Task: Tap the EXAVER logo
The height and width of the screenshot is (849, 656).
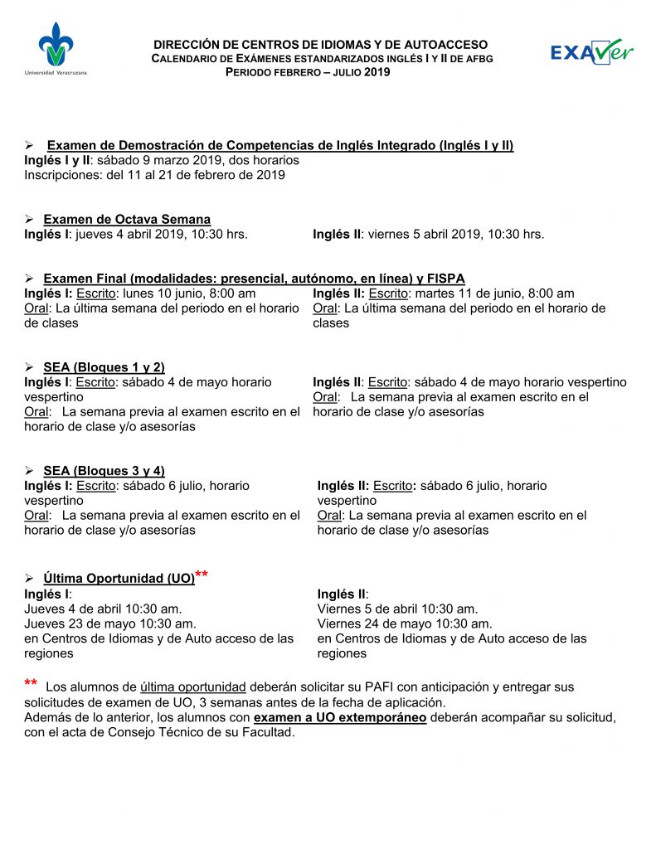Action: (592, 51)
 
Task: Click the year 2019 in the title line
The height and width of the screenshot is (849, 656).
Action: (376, 72)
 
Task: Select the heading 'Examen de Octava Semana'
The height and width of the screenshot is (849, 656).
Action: (126, 220)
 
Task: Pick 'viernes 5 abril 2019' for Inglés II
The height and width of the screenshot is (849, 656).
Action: (420, 235)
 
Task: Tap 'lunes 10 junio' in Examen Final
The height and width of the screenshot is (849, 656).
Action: (164, 294)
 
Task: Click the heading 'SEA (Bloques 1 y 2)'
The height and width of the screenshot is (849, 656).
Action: (104, 367)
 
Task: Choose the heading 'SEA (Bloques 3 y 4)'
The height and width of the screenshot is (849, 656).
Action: (104, 471)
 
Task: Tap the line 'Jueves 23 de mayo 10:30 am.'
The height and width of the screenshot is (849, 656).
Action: (110, 623)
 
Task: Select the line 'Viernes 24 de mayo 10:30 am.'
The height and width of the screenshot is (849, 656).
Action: (405, 623)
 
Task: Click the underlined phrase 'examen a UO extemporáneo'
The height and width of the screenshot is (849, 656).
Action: (340, 717)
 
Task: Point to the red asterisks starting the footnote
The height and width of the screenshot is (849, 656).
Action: (31, 684)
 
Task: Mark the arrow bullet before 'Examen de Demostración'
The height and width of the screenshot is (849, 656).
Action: (29, 146)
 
